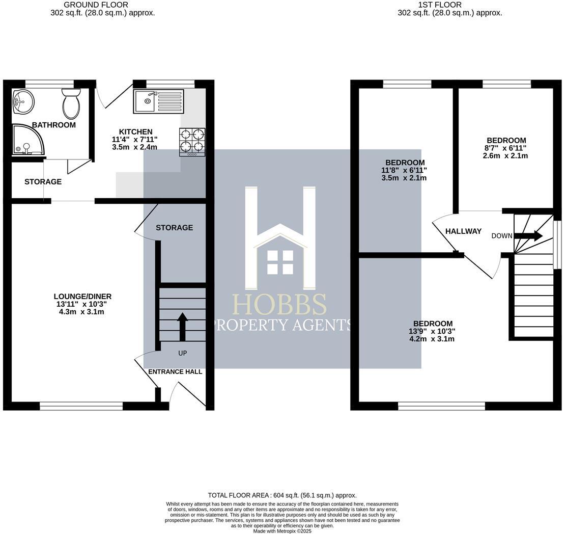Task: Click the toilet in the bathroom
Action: [71, 103]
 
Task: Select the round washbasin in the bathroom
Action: [23, 102]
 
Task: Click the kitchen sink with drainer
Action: [159, 101]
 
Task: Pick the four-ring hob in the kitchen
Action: [192, 142]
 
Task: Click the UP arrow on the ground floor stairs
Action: [182, 327]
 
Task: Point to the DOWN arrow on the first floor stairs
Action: [528, 236]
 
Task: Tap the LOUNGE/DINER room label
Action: [82, 297]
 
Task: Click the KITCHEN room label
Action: [135, 132]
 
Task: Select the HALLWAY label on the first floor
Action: [463, 231]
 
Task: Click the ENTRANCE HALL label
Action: [175, 372]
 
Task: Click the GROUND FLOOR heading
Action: [96, 5]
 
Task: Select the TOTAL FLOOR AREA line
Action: [282, 495]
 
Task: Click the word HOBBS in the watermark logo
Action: [279, 305]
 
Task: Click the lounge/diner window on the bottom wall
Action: [81, 406]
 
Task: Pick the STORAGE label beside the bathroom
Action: [43, 182]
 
